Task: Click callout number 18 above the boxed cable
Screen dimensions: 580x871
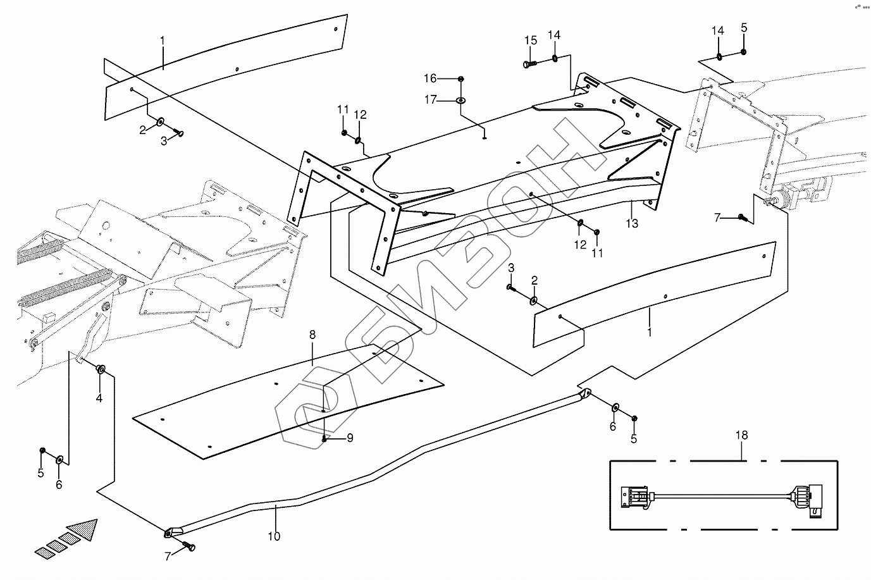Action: [741, 435]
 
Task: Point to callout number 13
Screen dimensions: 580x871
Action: [632, 223]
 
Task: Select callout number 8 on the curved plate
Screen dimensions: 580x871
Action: [312, 335]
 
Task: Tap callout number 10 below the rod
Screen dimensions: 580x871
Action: [273, 536]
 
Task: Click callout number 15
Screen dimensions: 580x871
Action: [530, 40]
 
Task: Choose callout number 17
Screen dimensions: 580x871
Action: [430, 99]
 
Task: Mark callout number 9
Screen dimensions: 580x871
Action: [349, 438]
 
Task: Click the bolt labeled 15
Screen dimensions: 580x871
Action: [529, 64]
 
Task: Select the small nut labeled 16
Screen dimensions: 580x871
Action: [460, 78]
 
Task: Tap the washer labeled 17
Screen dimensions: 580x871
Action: [460, 100]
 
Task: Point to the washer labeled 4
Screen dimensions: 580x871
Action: [100, 369]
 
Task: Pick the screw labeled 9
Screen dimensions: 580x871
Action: [324, 438]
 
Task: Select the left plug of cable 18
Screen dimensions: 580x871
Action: [634, 495]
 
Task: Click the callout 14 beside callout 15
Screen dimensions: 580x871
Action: [554, 34]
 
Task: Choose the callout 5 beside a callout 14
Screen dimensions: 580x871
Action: [744, 28]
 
